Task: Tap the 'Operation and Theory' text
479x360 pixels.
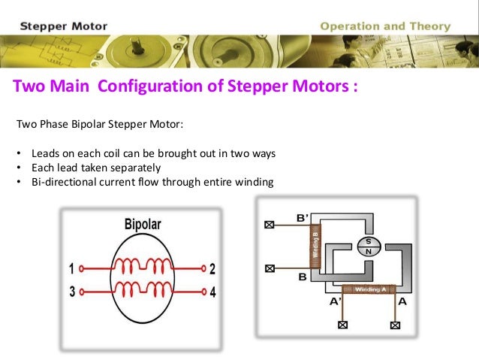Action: [385, 26]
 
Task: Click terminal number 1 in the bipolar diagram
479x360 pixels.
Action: [71, 268]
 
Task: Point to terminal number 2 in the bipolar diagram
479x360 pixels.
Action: [212, 268]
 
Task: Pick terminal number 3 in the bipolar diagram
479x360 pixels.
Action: [71, 292]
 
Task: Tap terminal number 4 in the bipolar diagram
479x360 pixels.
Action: [212, 292]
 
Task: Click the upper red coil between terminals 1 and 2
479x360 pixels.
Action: [143, 265]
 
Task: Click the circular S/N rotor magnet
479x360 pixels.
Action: [368, 247]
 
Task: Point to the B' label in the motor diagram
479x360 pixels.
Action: [303, 218]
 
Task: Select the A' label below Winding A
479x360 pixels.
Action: [335, 302]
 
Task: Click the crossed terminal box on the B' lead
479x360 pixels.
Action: [269, 224]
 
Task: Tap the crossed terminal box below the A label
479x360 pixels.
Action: [395, 325]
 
